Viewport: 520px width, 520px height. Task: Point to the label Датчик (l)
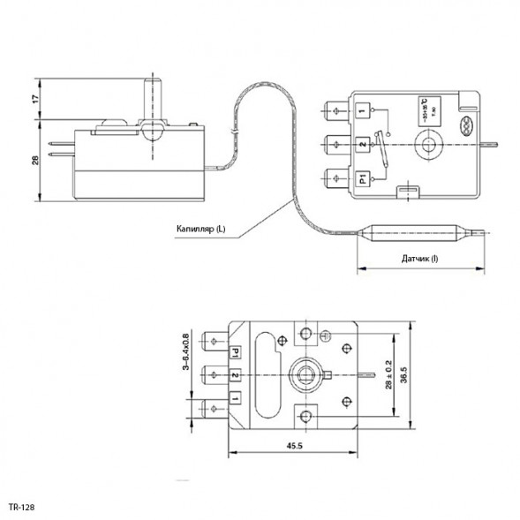pyautogui.click(x=419, y=258)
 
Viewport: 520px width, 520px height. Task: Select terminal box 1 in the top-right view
pyautogui.click(x=363, y=109)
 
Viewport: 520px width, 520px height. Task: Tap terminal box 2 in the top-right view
pyautogui.click(x=363, y=144)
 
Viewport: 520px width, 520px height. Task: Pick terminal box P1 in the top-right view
pyautogui.click(x=363, y=178)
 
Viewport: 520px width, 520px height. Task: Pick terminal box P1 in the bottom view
pyautogui.click(x=236, y=353)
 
